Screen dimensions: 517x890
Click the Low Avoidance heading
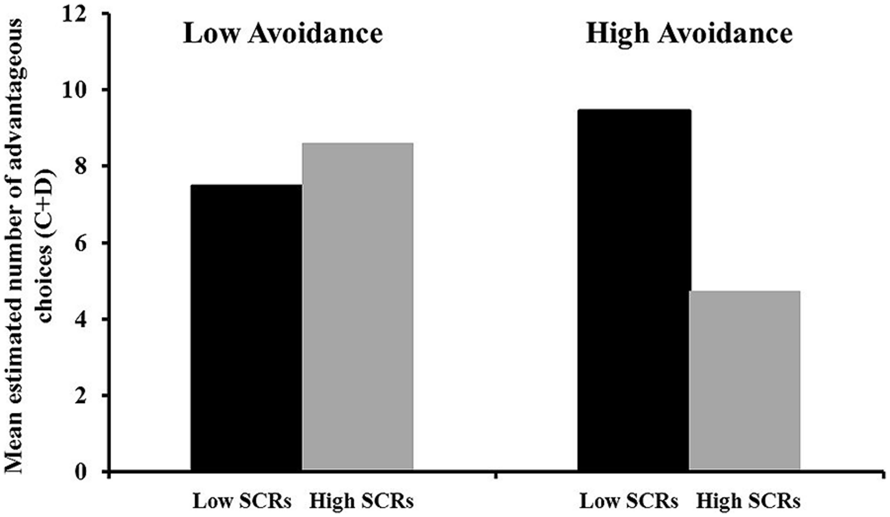pyautogui.click(x=283, y=34)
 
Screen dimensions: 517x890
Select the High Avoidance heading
pyautogui.click(x=689, y=34)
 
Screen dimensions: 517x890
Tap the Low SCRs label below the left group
pyautogui.click(x=242, y=502)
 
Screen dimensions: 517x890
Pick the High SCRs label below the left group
pyautogui.click(x=361, y=502)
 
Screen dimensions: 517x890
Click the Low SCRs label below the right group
pyautogui.click(x=629, y=502)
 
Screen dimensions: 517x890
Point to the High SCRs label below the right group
pyautogui.click(x=748, y=502)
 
